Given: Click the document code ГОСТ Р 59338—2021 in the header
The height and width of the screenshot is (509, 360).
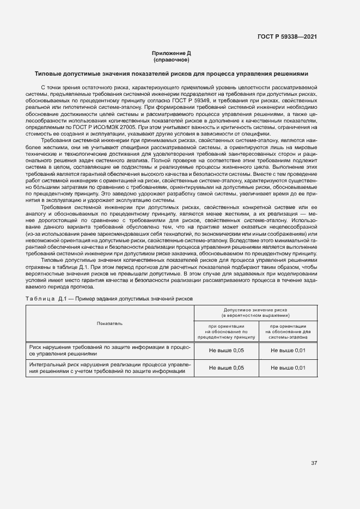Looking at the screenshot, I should (x=286, y=36).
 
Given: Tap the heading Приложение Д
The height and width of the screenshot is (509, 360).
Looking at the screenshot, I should (x=172, y=53).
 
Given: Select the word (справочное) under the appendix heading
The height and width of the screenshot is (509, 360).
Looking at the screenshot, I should (x=172, y=59).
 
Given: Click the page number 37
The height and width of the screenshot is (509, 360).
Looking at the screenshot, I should (x=314, y=463).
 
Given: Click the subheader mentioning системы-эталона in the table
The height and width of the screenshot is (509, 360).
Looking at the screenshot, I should (x=288, y=330).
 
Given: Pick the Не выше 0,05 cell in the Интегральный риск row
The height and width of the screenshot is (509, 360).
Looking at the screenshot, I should (x=227, y=368).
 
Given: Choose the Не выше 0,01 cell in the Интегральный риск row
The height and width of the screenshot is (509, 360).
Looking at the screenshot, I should (x=288, y=368).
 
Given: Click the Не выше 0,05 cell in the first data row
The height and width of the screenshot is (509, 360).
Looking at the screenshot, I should (x=227, y=350).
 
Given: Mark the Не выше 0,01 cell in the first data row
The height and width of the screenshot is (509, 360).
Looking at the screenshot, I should (x=288, y=350).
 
